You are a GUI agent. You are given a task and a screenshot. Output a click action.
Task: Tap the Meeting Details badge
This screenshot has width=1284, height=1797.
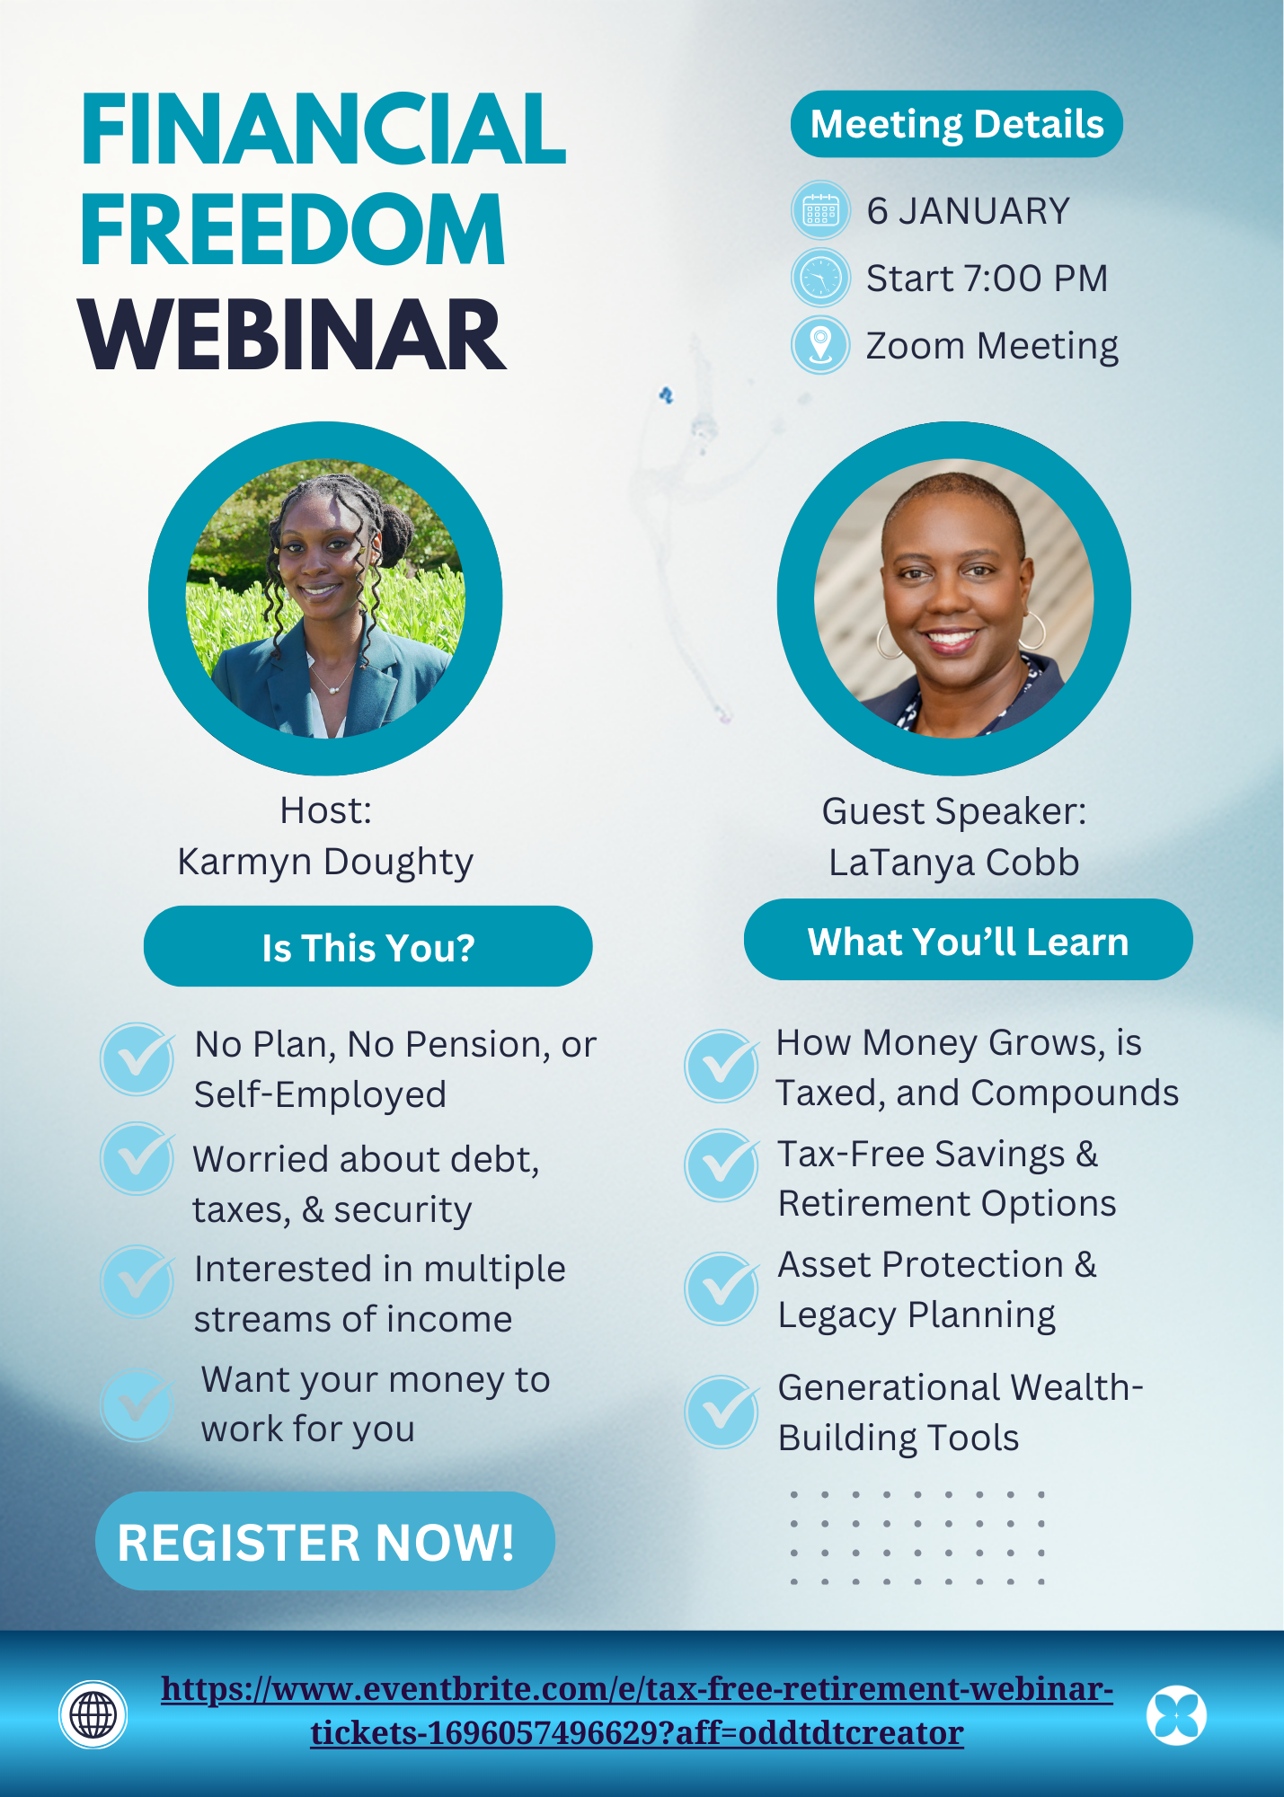956,124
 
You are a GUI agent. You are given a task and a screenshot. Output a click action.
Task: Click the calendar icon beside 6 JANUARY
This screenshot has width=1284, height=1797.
820,211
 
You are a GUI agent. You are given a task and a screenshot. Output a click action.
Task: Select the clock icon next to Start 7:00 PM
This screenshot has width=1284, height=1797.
820,278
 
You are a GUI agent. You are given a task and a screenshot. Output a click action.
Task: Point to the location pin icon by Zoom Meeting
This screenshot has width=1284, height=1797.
820,345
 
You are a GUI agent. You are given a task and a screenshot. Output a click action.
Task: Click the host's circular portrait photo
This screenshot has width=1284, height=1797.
325,598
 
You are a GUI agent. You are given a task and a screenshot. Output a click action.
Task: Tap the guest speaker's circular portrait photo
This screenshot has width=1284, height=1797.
954,598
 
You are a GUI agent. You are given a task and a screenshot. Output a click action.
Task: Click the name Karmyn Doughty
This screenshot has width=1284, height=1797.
325,862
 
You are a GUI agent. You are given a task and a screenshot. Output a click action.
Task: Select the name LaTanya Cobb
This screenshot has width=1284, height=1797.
954,862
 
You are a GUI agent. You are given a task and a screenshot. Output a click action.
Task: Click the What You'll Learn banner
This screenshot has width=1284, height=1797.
968,940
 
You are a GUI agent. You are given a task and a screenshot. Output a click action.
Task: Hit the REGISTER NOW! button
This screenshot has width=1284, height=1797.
325,1541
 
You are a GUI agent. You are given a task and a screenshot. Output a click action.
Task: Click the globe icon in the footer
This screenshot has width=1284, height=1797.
93,1714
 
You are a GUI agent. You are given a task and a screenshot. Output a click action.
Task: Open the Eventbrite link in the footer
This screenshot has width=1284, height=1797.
637,1710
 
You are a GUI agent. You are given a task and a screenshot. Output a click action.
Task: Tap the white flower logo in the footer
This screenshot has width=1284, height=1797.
1176,1714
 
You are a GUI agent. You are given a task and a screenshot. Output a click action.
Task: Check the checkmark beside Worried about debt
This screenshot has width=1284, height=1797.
137,1158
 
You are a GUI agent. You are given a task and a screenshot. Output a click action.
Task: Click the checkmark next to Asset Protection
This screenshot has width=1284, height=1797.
722,1288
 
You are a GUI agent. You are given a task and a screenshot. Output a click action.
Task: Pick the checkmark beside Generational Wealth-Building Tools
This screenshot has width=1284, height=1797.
722,1412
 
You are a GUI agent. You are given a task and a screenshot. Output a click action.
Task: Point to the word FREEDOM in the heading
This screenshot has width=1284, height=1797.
293,230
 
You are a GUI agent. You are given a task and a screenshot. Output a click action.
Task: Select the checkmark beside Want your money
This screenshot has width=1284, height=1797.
137,1404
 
